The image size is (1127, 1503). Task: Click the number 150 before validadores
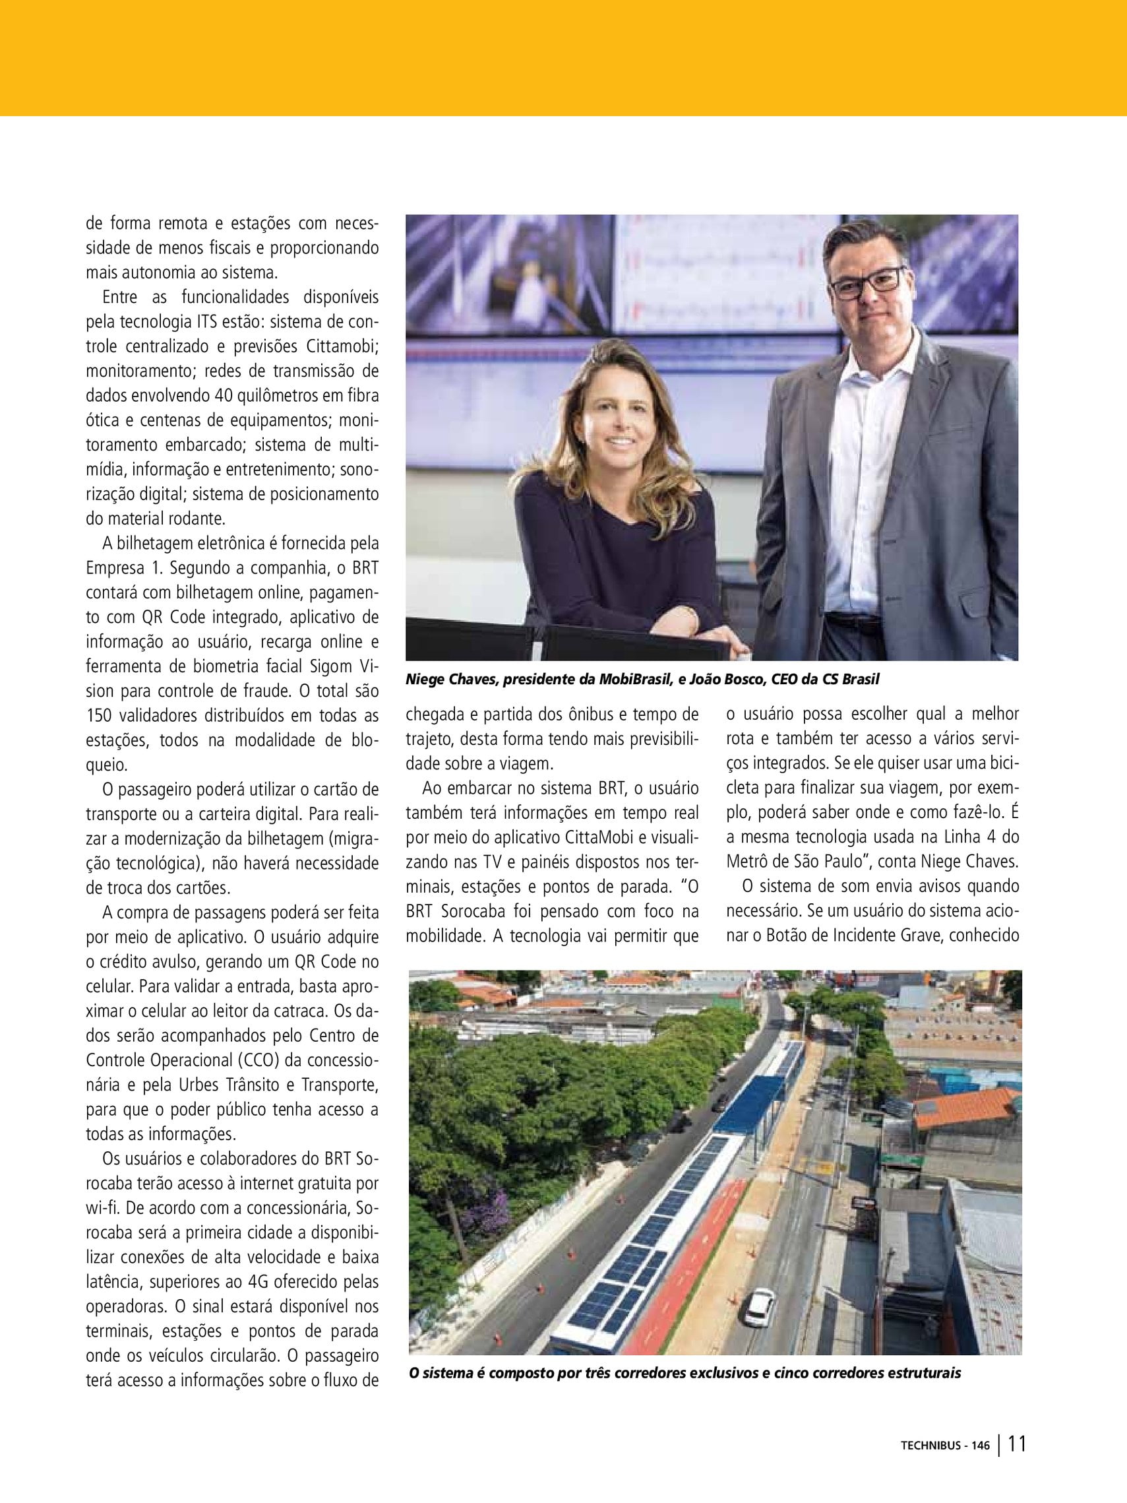coord(100,715)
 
